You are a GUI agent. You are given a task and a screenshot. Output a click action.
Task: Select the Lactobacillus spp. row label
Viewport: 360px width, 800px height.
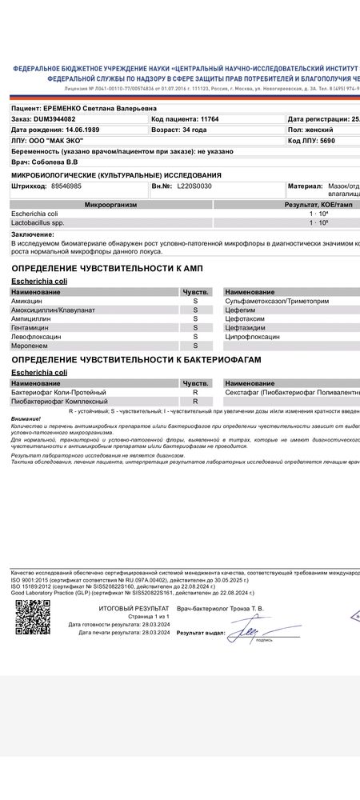point(37,222)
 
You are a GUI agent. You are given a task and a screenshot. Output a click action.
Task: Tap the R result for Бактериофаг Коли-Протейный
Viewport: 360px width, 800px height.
point(195,392)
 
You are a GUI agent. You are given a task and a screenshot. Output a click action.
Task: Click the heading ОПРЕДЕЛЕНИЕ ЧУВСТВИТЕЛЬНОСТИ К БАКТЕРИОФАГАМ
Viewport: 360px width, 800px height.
point(136,361)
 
